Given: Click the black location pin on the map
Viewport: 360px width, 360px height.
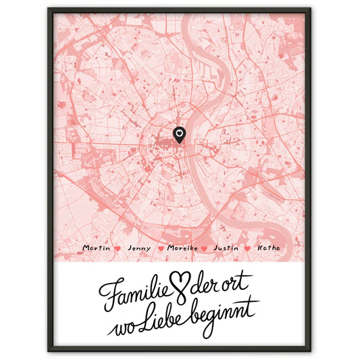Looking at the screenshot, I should pos(179,135).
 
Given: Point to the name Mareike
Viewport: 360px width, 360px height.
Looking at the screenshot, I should pos(182,249).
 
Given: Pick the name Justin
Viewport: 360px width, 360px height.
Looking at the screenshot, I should pos(226,249).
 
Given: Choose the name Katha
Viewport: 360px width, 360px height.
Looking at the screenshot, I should pos(268,249).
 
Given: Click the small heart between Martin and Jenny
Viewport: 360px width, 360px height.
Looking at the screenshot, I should pos(118,249).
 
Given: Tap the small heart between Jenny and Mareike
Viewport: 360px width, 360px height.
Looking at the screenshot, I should pos(160,249).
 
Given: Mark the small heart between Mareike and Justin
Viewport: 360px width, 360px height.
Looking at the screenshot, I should pos(205,249).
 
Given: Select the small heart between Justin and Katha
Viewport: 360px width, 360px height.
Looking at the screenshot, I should pos(247,249).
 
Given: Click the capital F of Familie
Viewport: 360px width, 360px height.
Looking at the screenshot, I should pos(108,290).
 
